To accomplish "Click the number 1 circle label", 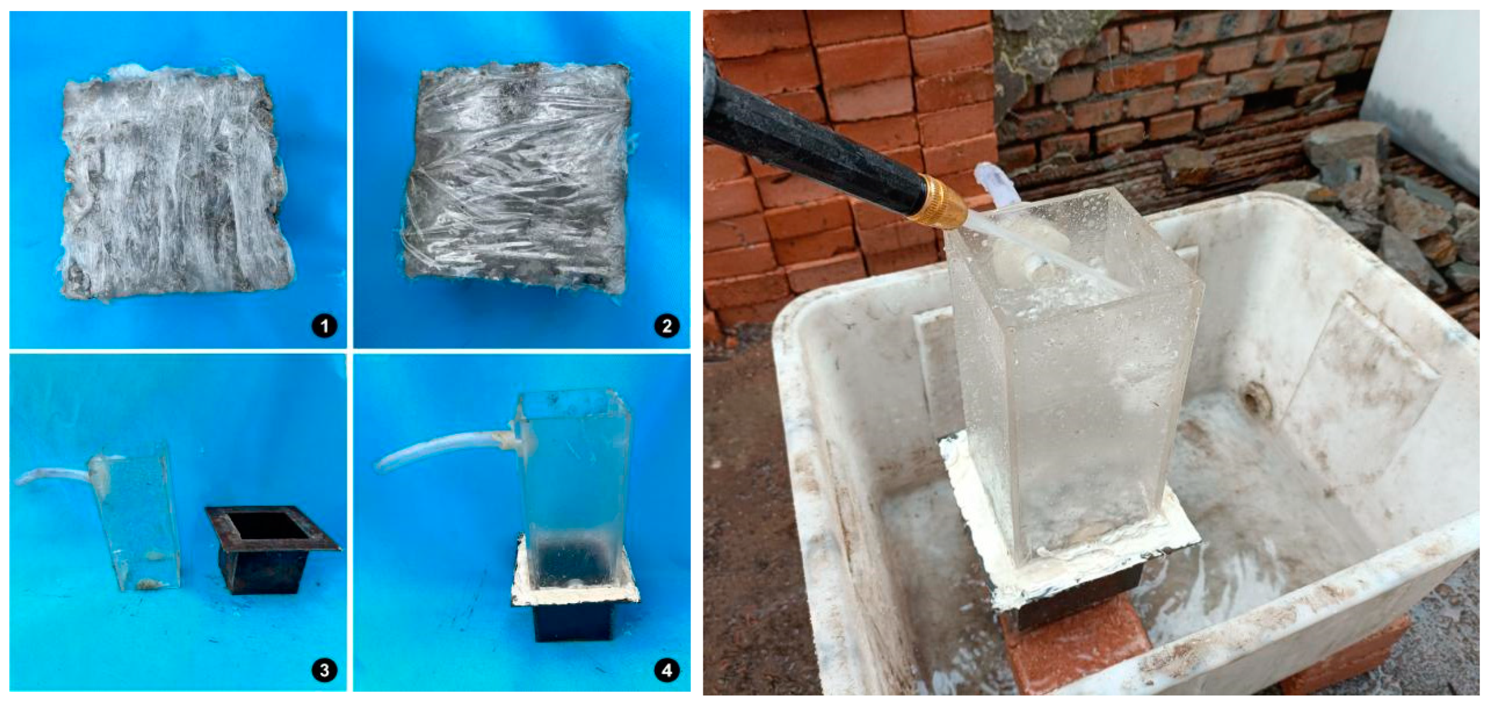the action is point(324,326).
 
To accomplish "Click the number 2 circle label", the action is point(667,326).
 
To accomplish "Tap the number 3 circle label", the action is point(324,670).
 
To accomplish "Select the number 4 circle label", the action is point(667,670).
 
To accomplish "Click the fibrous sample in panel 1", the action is point(176,182).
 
